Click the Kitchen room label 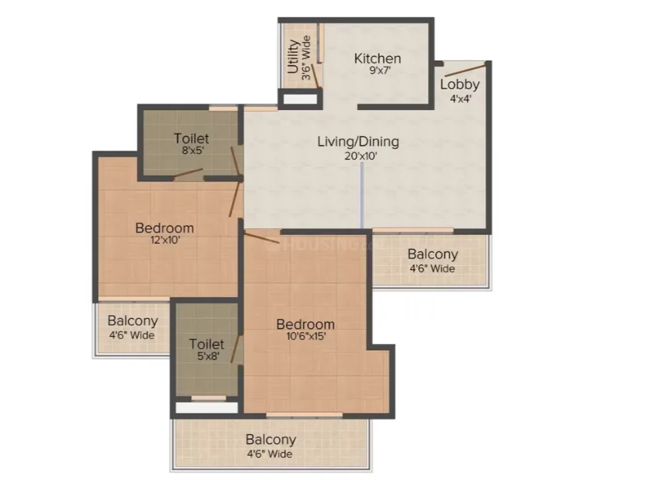tap(378, 59)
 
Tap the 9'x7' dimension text tap(380, 70)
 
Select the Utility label tap(293, 56)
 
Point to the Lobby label tap(460, 85)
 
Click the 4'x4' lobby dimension tap(461, 99)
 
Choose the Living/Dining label tap(358, 141)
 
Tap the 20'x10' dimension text tap(361, 156)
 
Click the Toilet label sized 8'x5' tap(191, 139)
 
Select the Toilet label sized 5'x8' tap(207, 344)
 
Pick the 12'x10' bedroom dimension tap(165, 239)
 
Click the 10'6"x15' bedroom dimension tap(306, 336)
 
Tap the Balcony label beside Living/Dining tap(432, 254)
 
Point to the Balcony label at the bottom tap(270, 439)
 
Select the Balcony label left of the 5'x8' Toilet tap(132, 321)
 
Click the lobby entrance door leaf tap(465, 70)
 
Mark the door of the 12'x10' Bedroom tap(235, 199)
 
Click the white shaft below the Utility tap(300, 99)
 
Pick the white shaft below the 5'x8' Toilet tap(207, 408)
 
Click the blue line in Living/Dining tap(362, 195)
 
